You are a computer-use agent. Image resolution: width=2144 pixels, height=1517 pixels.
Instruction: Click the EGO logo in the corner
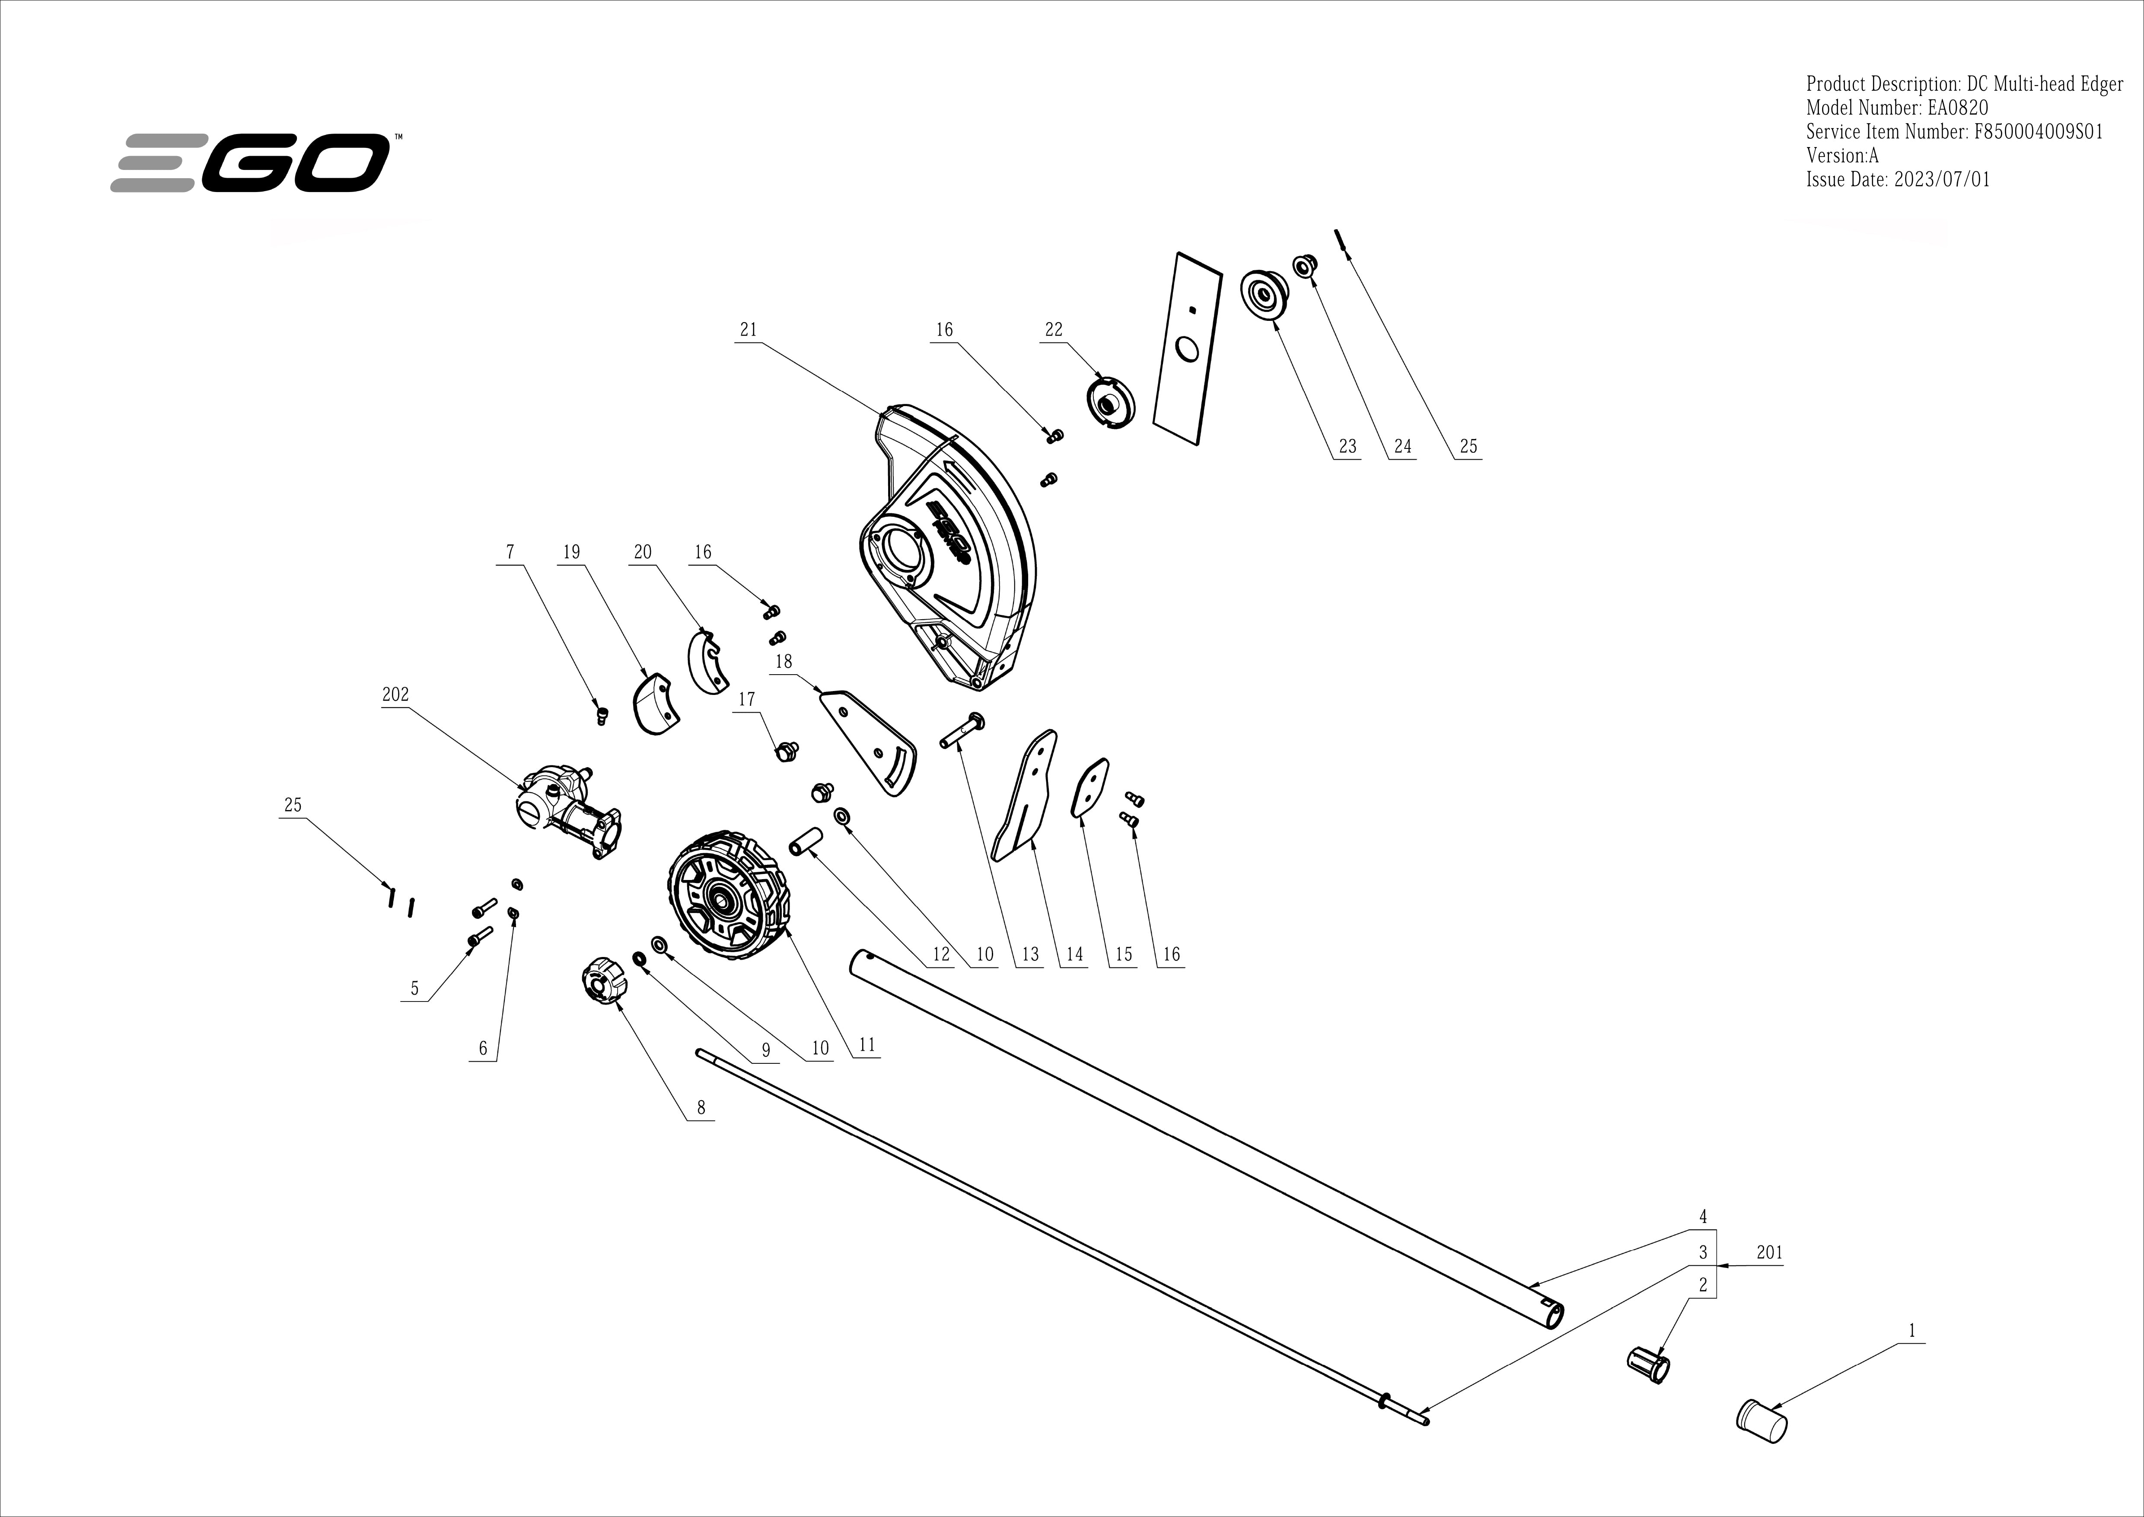[250, 163]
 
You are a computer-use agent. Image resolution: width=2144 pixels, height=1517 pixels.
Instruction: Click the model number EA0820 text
[1898, 107]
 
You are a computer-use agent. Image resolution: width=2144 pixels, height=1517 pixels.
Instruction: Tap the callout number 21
[748, 330]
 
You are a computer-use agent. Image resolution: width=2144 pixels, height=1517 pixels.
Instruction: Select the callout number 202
[395, 695]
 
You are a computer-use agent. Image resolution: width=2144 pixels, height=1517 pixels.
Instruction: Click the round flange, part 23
[1262, 295]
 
